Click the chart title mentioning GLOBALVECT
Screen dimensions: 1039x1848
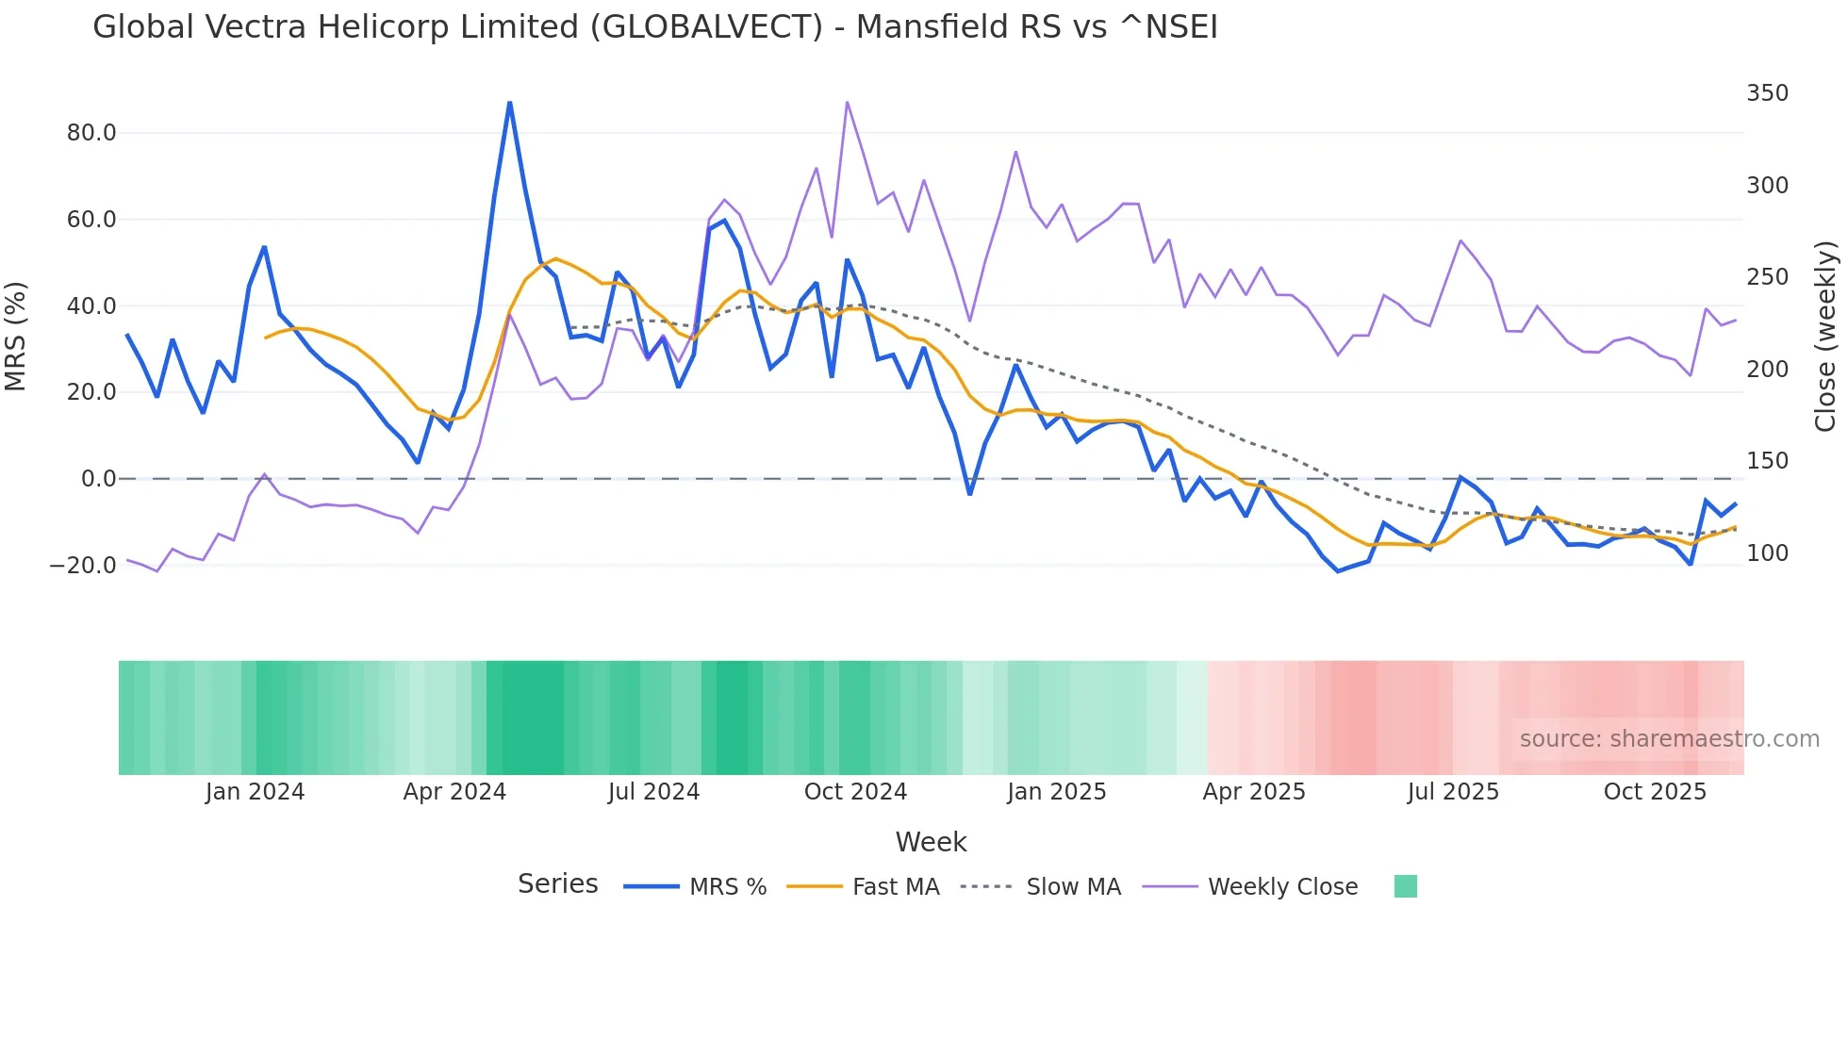pos(654,27)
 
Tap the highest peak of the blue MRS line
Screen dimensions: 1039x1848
pos(510,103)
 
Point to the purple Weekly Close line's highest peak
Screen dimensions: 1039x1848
pos(847,102)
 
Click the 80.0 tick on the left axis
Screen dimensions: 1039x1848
pos(91,133)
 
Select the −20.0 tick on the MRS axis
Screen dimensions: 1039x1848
pos(83,566)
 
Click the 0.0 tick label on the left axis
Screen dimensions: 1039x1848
pos(98,479)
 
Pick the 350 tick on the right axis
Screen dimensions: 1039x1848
pos(1767,93)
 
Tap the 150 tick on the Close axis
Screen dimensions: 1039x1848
pos(1767,461)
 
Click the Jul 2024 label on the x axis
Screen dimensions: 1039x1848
pos(653,792)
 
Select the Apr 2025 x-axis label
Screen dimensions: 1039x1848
pos(1253,792)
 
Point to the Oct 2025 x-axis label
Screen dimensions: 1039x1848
pos(1655,792)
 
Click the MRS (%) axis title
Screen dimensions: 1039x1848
pos(16,337)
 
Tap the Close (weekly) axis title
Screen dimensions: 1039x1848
pos(1825,337)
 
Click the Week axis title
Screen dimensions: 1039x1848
pos(931,842)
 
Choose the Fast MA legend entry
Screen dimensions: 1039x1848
pos(895,887)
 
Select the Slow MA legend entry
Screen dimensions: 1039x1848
pos(1073,887)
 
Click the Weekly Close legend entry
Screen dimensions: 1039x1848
pos(1282,887)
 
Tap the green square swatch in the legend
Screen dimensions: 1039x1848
pos(1405,886)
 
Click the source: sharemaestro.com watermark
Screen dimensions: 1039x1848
pos(1669,739)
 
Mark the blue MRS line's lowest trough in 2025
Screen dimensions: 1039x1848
pos(1338,571)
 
